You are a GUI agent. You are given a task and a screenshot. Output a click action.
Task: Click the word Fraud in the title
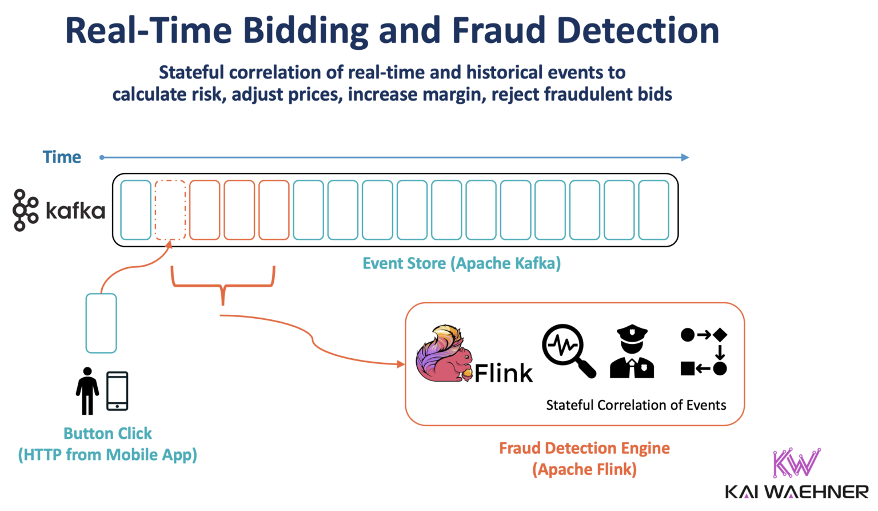pyautogui.click(x=499, y=31)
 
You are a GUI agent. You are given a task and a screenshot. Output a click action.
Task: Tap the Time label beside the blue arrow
pyautogui.click(x=62, y=157)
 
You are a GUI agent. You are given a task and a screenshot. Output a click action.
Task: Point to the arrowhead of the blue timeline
pyautogui.click(x=685, y=157)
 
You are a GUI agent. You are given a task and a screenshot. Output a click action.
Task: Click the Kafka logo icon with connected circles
pyautogui.click(x=25, y=210)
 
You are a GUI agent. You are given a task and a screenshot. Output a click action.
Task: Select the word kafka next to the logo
pyautogui.click(x=75, y=211)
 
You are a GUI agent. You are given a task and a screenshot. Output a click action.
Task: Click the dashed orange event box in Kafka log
pyautogui.click(x=170, y=210)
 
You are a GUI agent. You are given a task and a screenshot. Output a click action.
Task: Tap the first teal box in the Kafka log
pyautogui.click(x=136, y=210)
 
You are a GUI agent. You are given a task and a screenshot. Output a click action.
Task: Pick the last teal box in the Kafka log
pyautogui.click(x=653, y=210)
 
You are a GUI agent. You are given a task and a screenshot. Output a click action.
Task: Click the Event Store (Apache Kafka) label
pyautogui.click(x=461, y=263)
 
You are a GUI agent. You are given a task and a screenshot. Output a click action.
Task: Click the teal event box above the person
pyautogui.click(x=101, y=323)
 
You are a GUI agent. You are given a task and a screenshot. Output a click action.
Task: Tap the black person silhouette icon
pyautogui.click(x=87, y=391)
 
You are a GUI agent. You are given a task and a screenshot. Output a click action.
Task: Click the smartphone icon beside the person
pyautogui.click(x=117, y=391)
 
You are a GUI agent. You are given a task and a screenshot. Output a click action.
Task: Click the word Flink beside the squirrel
pyautogui.click(x=503, y=374)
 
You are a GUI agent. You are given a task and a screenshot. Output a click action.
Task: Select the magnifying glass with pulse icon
pyautogui.click(x=568, y=351)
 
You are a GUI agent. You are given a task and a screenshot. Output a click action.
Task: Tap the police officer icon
pyautogui.click(x=632, y=352)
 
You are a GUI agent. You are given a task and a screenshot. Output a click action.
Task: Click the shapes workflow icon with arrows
pyautogui.click(x=704, y=351)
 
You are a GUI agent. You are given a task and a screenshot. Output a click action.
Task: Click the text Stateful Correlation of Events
pyautogui.click(x=636, y=405)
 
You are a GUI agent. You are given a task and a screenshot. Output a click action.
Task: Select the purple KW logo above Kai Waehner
pyautogui.click(x=796, y=462)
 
